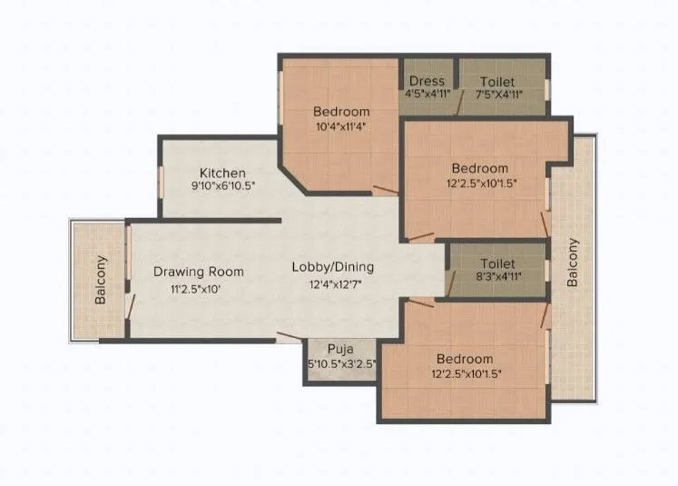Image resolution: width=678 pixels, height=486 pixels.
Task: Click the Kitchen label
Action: point(222,173)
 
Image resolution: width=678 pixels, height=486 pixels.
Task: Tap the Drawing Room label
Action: point(198,271)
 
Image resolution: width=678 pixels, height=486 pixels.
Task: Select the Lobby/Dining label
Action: point(332,267)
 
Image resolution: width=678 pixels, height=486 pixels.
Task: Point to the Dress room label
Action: point(426,82)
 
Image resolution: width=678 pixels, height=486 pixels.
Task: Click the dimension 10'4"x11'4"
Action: point(341,125)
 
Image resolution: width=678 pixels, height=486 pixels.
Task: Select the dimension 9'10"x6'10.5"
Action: point(222,185)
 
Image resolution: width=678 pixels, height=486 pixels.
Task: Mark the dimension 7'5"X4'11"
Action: point(503,94)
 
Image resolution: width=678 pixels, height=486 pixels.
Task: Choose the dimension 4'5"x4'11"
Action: point(426,94)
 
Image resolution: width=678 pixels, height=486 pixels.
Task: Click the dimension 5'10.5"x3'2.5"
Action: point(342,362)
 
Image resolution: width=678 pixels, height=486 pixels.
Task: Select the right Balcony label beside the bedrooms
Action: point(573,263)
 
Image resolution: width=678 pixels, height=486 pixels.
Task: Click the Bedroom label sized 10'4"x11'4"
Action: point(341,111)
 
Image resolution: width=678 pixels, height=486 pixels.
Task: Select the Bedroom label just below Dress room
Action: point(480,168)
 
